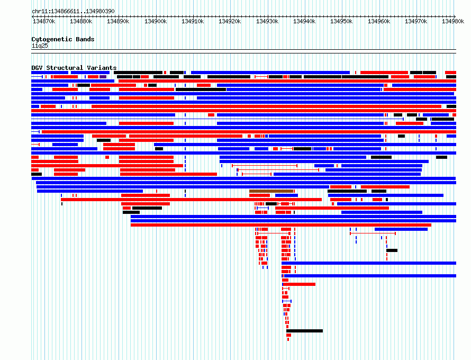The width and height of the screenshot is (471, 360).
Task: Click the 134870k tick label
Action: tap(44, 21)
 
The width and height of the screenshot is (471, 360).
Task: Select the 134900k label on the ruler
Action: tap(156, 21)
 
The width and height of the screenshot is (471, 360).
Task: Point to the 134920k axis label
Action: tap(230, 21)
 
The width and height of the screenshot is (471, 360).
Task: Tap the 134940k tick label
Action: tap(304, 21)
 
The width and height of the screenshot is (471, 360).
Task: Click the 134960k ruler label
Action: tap(379, 21)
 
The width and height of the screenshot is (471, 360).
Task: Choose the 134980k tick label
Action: tap(453, 21)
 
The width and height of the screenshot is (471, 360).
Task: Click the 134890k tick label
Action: tap(118, 21)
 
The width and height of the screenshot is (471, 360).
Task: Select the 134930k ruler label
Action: tap(267, 21)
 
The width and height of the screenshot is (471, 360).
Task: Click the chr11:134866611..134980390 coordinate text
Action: tap(73, 12)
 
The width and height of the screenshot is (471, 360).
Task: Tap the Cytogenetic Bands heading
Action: tap(63, 39)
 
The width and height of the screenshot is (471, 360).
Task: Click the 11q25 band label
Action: tap(40, 46)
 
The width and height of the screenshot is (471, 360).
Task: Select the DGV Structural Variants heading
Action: tap(74, 68)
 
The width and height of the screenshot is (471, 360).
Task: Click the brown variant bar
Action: tap(271, 191)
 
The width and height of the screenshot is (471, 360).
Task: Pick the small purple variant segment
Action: tap(103, 77)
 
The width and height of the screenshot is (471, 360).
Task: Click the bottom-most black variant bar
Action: tap(305, 331)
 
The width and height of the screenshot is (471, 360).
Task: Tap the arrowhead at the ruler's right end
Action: tap(455, 16)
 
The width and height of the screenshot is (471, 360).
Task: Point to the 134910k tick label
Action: tap(193, 21)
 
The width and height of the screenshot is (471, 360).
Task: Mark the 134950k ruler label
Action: tap(341, 21)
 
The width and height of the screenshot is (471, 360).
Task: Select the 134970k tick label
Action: tap(416, 21)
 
